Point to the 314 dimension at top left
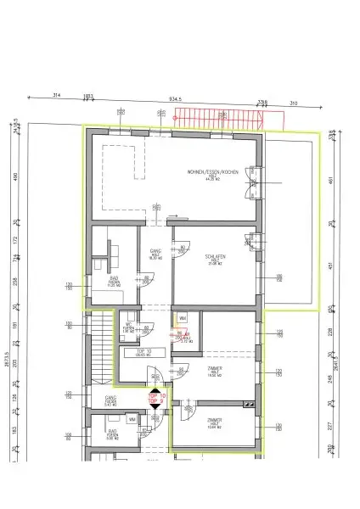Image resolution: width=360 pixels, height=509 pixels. pyautogui.click(x=59, y=94)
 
